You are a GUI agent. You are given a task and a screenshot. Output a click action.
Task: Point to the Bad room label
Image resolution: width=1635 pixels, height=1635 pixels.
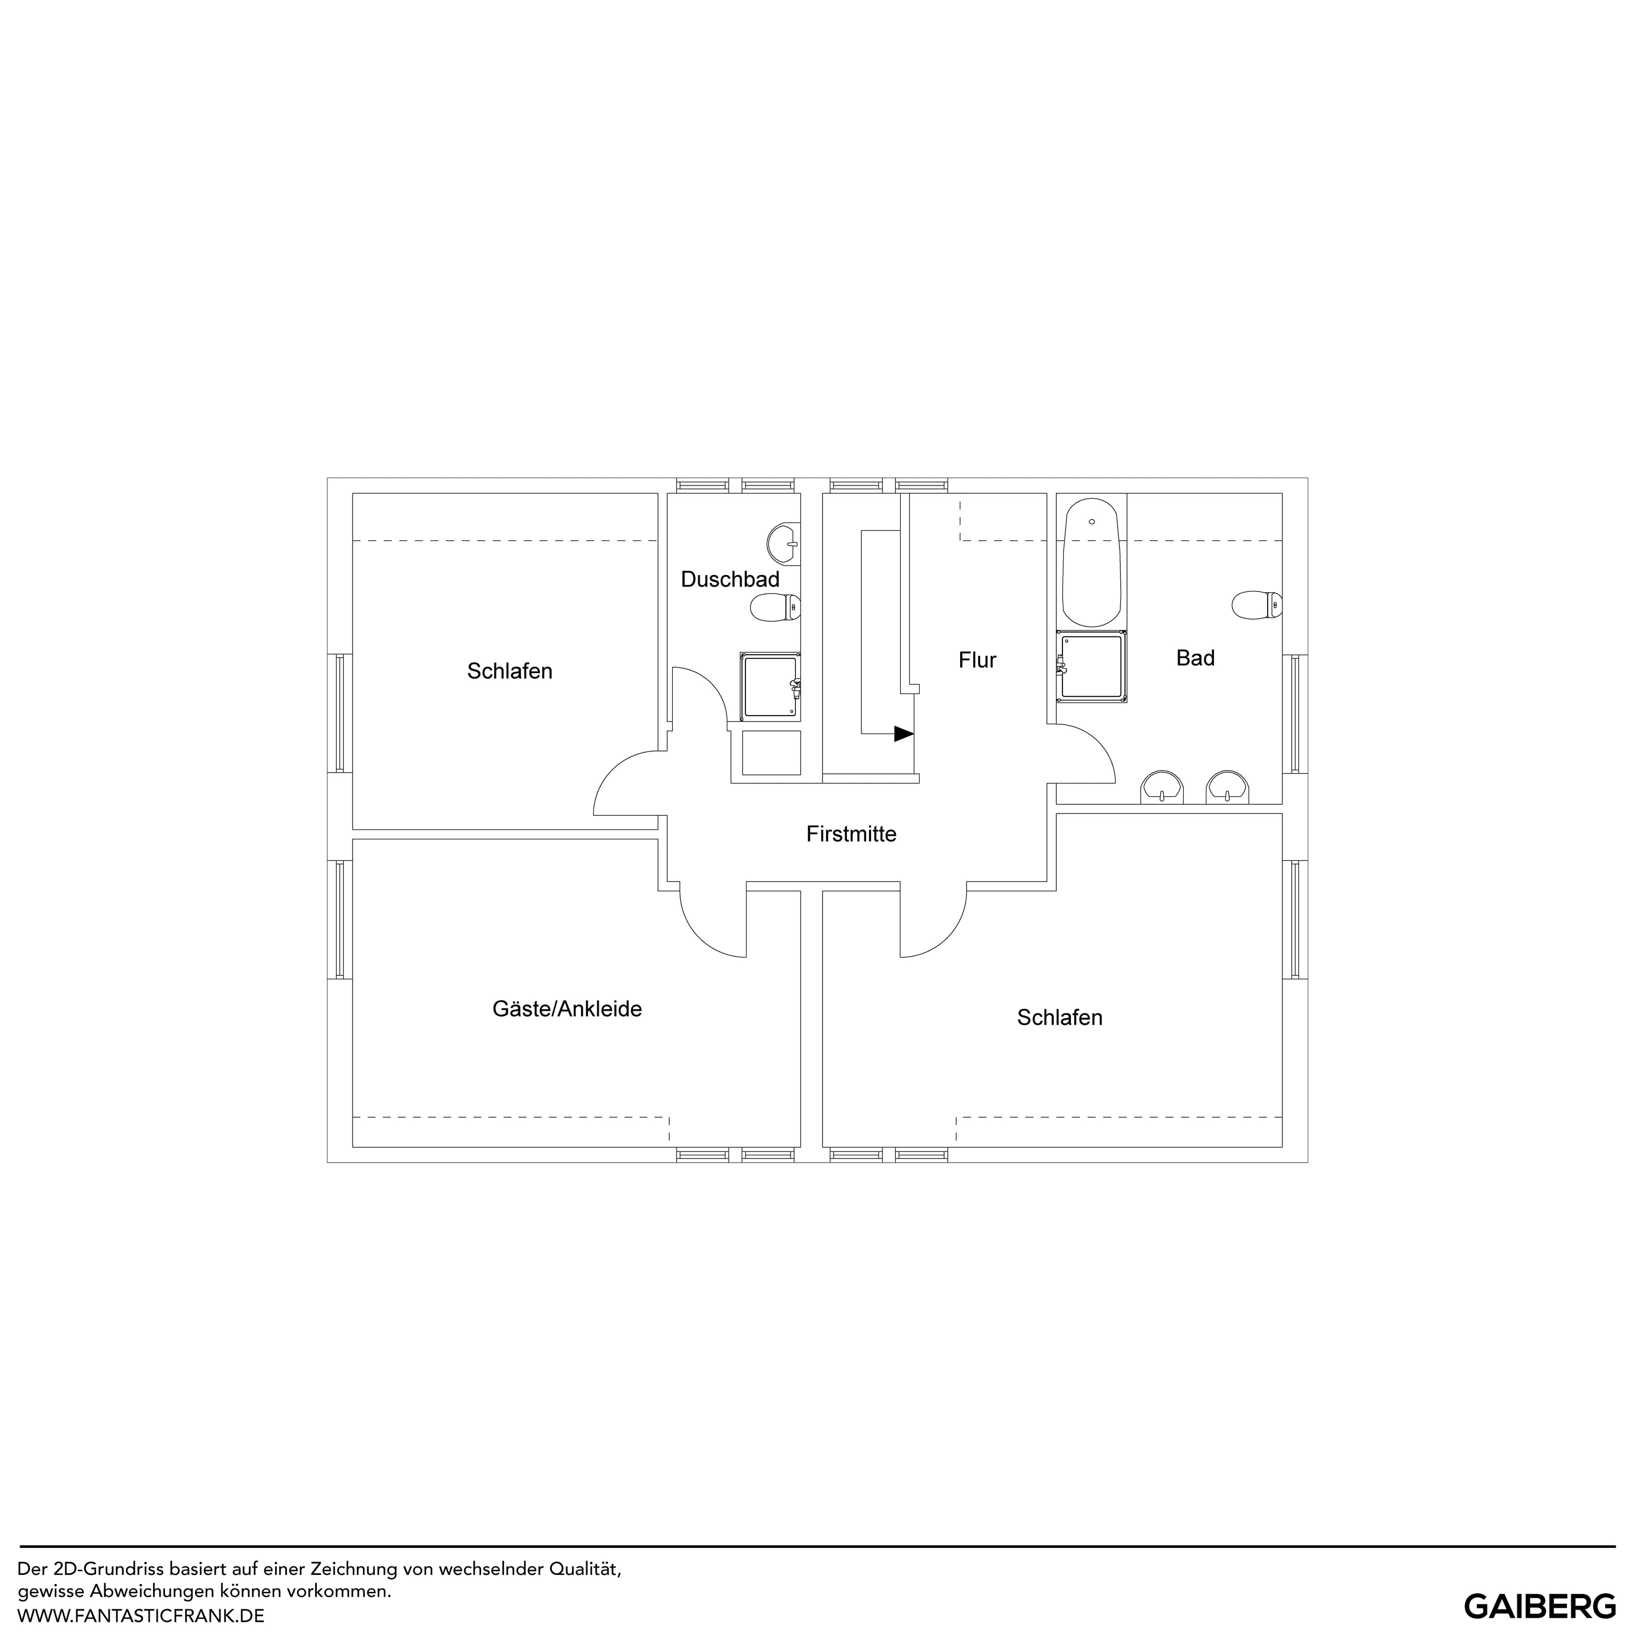click(1195, 658)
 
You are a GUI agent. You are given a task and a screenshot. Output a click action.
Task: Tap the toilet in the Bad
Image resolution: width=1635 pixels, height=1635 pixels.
click(1257, 605)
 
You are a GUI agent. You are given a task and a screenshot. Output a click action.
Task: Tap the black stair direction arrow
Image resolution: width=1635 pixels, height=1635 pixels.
click(904, 734)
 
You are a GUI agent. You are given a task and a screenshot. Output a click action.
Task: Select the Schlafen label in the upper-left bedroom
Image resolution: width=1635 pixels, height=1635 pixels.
click(510, 671)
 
